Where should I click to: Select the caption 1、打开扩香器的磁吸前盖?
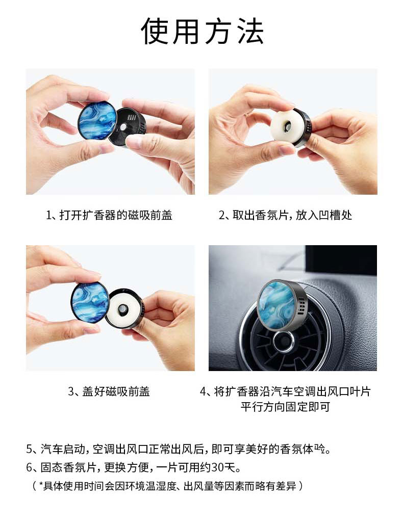tap(109, 215)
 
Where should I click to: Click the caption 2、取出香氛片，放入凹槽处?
tap(286, 215)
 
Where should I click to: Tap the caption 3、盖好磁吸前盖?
tap(109, 391)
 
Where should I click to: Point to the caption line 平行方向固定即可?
tap(286, 407)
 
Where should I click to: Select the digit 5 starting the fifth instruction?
tap(30, 449)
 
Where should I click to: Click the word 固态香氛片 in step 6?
tap(68, 467)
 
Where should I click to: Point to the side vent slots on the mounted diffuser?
tap(301, 304)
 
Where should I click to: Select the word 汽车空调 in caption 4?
tap(288, 391)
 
